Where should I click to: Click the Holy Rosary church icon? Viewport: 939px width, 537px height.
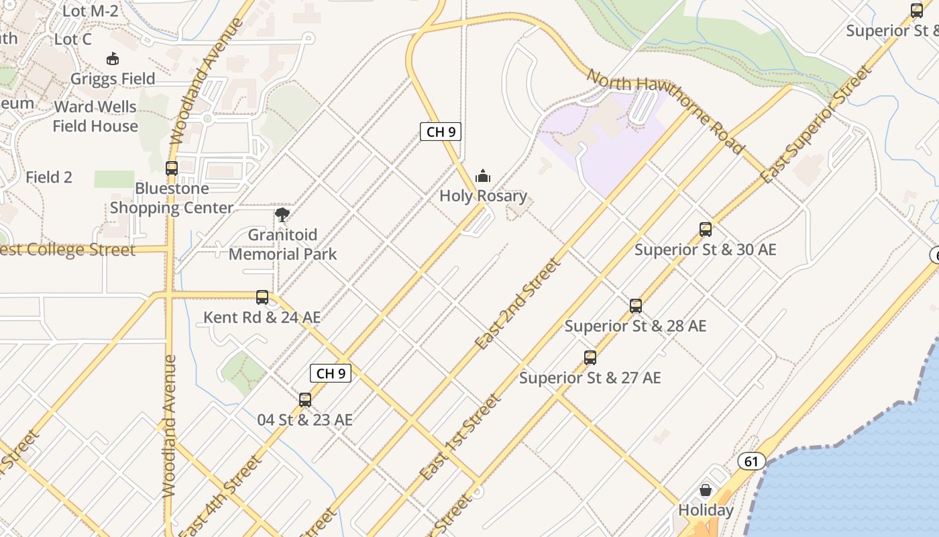(x=483, y=177)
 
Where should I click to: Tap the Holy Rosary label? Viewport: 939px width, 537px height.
(x=483, y=196)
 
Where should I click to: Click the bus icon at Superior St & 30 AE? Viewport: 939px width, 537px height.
(x=705, y=230)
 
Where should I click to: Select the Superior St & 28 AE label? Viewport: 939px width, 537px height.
(x=635, y=326)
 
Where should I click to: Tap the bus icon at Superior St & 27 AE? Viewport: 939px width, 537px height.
(x=590, y=358)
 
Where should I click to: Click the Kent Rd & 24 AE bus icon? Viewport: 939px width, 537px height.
(x=262, y=297)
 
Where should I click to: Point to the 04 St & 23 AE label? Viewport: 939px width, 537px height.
(x=305, y=420)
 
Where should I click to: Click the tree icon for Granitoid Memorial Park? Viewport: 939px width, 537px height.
(x=282, y=215)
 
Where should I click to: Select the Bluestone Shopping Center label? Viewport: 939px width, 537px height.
(x=172, y=198)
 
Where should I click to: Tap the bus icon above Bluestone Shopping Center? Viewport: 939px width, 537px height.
(x=172, y=168)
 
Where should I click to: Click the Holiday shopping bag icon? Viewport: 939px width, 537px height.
(x=706, y=490)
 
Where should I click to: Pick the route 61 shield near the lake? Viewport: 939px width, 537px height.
(x=751, y=461)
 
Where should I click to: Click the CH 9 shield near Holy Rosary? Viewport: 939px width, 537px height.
(x=441, y=132)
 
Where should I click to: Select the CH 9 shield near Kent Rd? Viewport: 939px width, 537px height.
(x=331, y=373)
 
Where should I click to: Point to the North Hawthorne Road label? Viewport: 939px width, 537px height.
(x=665, y=111)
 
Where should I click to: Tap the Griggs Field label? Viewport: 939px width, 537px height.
(x=113, y=79)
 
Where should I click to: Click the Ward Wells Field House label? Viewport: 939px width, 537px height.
(x=95, y=116)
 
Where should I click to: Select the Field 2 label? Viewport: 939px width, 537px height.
(x=49, y=177)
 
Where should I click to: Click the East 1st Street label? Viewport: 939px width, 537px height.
(x=460, y=437)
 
